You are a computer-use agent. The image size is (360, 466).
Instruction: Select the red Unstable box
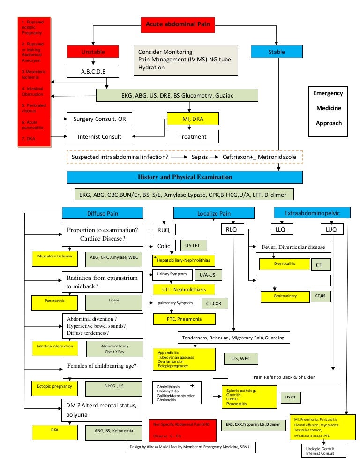click(93, 52)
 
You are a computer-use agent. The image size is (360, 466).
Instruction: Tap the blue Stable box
click(276, 52)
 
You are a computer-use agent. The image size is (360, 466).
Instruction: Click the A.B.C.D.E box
click(93, 71)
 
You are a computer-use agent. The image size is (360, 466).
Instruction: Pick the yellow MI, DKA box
click(192, 119)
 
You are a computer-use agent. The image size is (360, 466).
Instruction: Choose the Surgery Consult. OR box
click(99, 119)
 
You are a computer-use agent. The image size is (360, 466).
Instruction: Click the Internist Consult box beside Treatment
click(99, 136)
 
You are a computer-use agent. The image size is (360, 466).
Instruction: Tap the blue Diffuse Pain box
click(103, 214)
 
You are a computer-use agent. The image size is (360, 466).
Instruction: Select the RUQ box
click(164, 230)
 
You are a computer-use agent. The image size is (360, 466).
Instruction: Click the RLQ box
click(230, 230)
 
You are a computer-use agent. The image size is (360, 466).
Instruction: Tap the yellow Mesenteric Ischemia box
click(55, 258)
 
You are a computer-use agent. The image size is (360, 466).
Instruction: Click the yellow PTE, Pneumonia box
click(184, 319)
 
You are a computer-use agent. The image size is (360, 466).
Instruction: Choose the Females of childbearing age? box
click(102, 368)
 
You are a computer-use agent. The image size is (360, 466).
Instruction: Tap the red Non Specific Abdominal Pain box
click(182, 429)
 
